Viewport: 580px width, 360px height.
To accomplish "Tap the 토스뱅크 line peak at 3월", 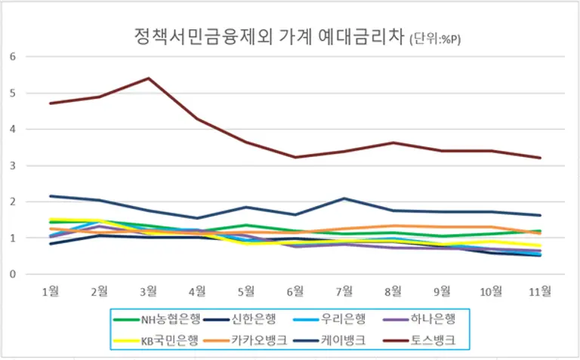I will (148, 78).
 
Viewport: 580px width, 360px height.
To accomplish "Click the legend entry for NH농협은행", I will (159, 320).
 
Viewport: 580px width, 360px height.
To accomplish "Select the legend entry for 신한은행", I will (245, 320).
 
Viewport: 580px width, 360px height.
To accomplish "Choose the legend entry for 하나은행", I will (416, 320).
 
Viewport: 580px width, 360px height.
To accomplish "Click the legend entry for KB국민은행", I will (159, 340).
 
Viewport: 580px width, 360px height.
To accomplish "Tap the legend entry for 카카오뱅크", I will (245, 340).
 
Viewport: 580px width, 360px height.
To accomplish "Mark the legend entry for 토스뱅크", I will (416, 340).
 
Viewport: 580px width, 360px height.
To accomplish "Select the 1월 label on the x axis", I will (51, 291).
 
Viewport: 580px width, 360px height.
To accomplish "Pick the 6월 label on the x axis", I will (295, 291).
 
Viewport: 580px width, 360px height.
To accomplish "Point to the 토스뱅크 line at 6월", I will (295, 157).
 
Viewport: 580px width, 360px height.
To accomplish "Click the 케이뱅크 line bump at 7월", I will (344, 198).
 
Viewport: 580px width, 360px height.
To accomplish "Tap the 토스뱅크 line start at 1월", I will (51, 103).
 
